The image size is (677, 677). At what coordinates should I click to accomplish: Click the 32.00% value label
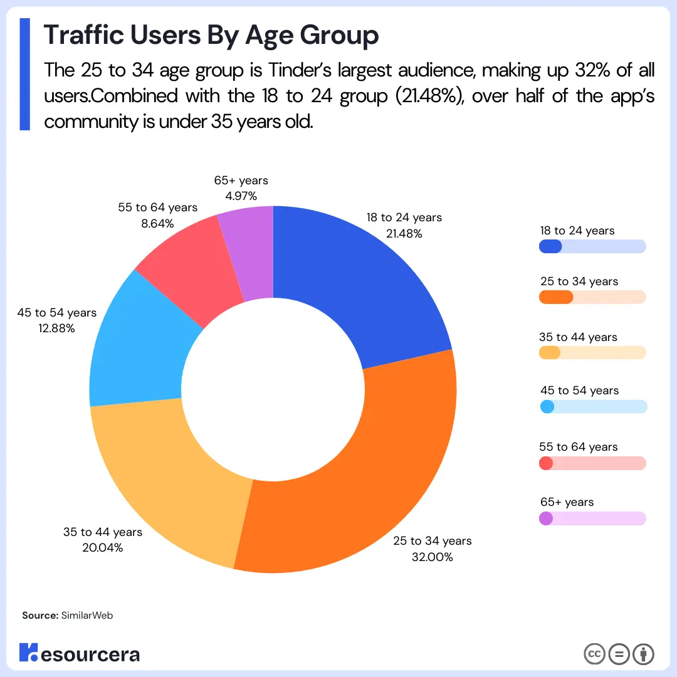(x=432, y=557)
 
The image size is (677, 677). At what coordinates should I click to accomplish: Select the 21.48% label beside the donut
(x=404, y=234)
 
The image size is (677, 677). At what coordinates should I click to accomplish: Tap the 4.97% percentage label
(x=241, y=196)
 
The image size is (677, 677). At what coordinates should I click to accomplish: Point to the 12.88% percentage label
(x=56, y=328)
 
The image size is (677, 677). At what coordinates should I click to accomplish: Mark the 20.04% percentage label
(x=102, y=547)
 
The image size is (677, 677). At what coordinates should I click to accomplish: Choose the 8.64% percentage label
(x=157, y=223)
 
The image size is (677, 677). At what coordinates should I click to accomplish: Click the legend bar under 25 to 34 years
(x=592, y=297)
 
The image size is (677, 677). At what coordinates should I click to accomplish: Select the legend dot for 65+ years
(x=546, y=518)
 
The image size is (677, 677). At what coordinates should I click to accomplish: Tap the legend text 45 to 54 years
(x=579, y=391)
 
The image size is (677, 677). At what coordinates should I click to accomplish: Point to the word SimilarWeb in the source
(x=87, y=616)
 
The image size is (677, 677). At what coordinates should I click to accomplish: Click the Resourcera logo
(x=80, y=653)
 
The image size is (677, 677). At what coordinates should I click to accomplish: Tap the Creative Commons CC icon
(x=594, y=654)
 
